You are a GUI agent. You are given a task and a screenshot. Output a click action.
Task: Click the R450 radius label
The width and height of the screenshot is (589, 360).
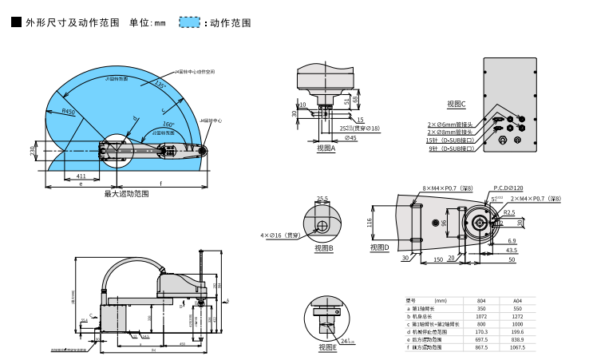pos(68,113)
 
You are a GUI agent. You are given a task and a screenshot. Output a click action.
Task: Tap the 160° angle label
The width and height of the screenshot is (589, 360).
pos(168,125)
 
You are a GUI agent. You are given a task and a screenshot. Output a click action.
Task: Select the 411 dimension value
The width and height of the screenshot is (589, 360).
pos(81,176)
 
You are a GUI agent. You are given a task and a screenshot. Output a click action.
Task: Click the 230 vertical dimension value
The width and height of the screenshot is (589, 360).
pos(34,151)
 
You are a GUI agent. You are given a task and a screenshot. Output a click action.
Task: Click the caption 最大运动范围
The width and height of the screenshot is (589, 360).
pos(127,194)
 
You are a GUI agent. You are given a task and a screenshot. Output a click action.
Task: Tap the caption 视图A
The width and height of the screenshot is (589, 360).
pos(326,148)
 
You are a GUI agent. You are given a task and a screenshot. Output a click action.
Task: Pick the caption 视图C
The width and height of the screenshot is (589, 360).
pos(457,104)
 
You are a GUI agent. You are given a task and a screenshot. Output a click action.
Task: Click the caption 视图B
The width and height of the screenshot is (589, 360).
pos(323,248)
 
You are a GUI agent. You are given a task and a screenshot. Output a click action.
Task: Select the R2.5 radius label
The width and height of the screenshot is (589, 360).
pos(508,212)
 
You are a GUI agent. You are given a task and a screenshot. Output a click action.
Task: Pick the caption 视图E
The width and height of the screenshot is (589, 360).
pos(327,347)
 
